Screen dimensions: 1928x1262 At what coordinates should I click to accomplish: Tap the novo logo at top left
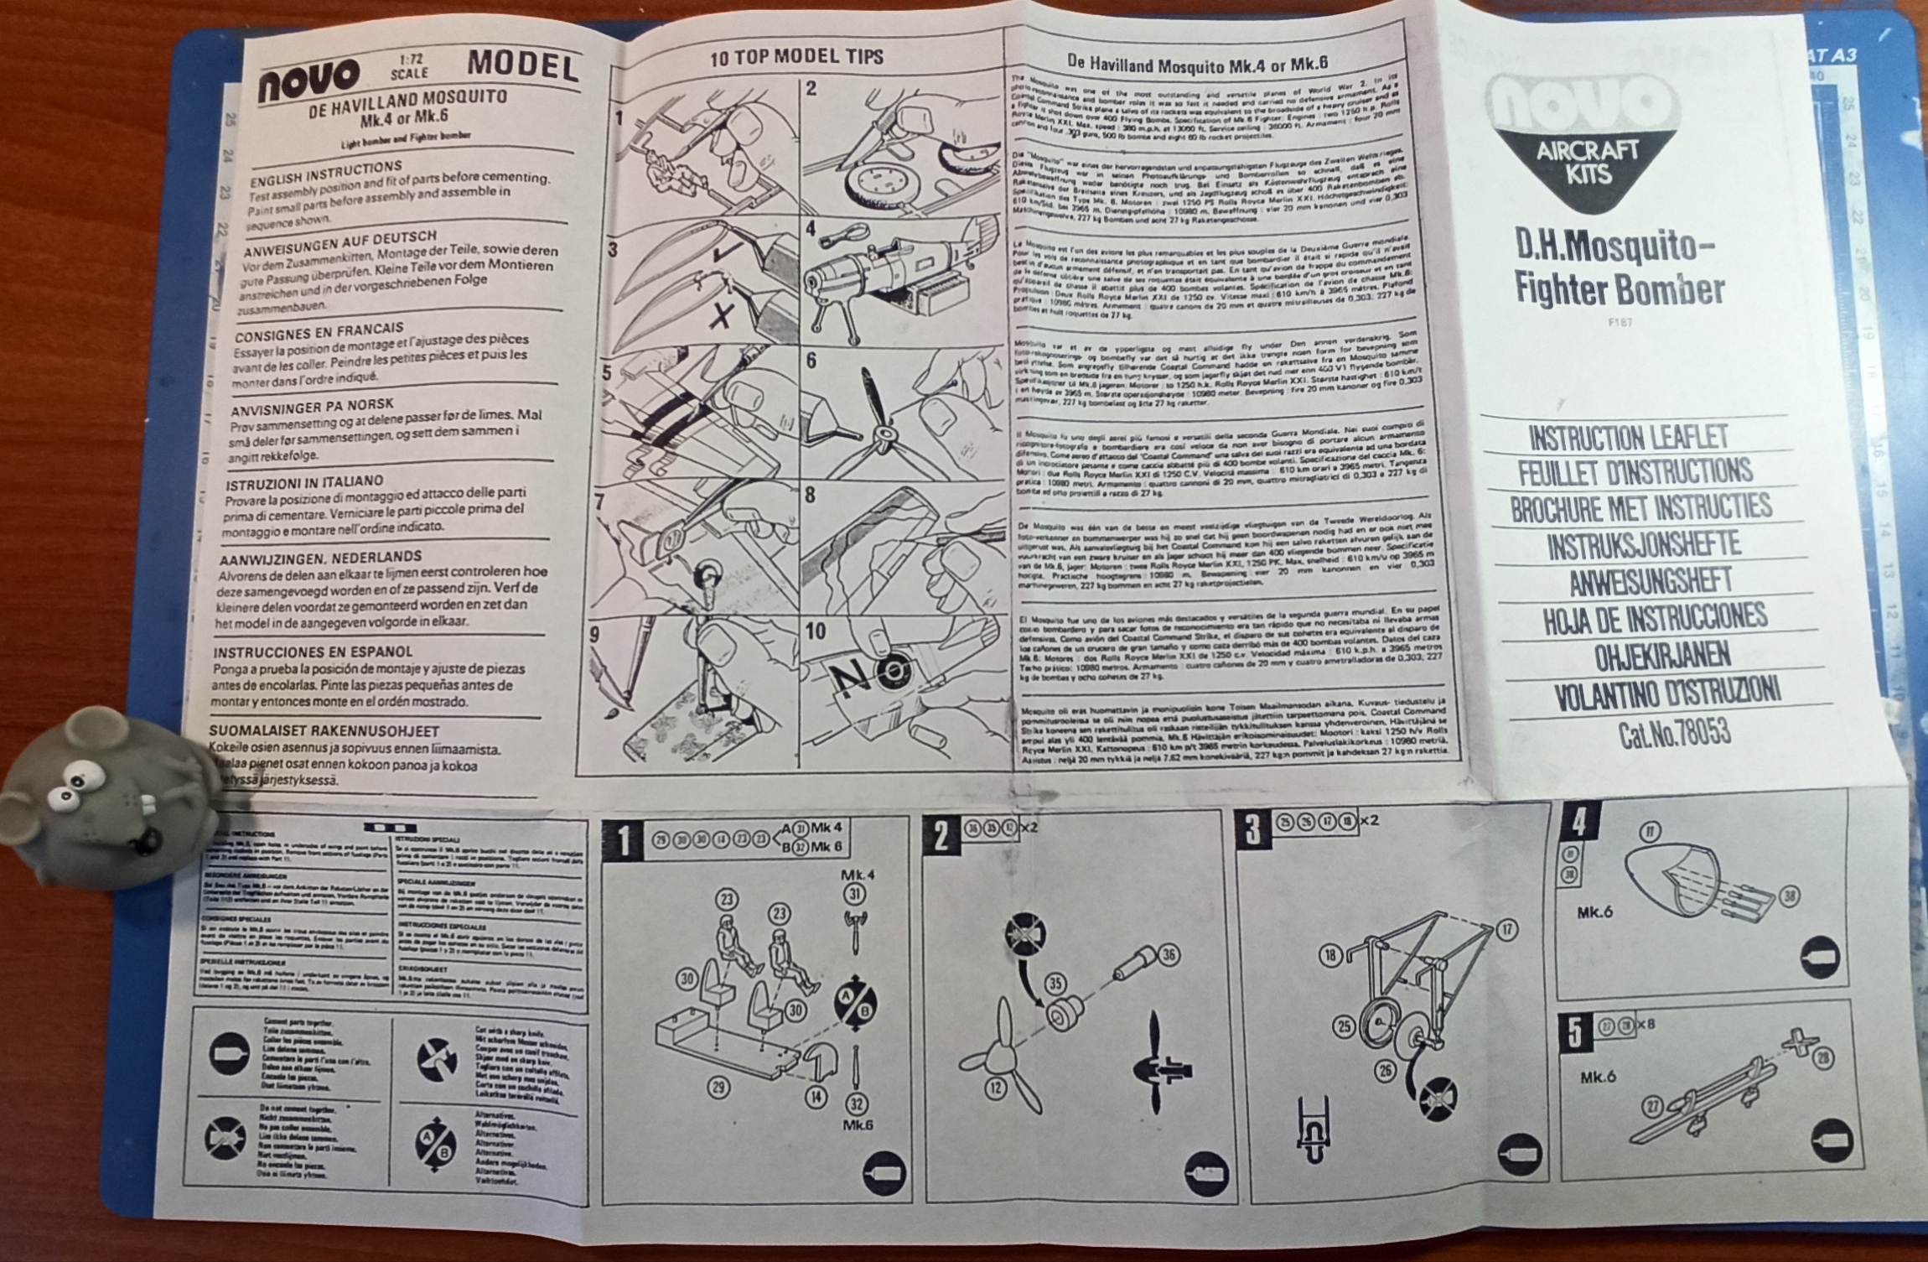coord(309,80)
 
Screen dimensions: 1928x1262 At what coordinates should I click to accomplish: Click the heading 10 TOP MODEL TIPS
coord(796,57)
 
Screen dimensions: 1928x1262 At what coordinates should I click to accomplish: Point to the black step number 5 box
coord(1575,1031)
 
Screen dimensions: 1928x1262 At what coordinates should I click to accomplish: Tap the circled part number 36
coord(1168,955)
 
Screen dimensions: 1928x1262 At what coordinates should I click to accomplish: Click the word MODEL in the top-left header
coord(523,65)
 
